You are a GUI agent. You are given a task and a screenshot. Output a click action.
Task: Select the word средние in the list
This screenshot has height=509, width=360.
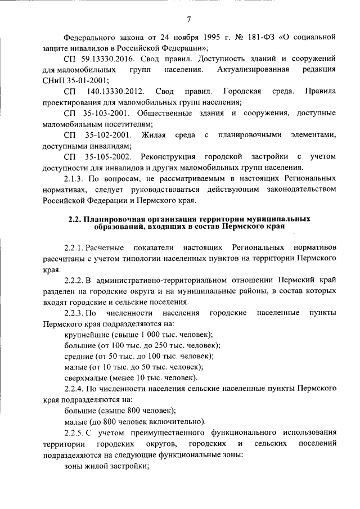point(80,356)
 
